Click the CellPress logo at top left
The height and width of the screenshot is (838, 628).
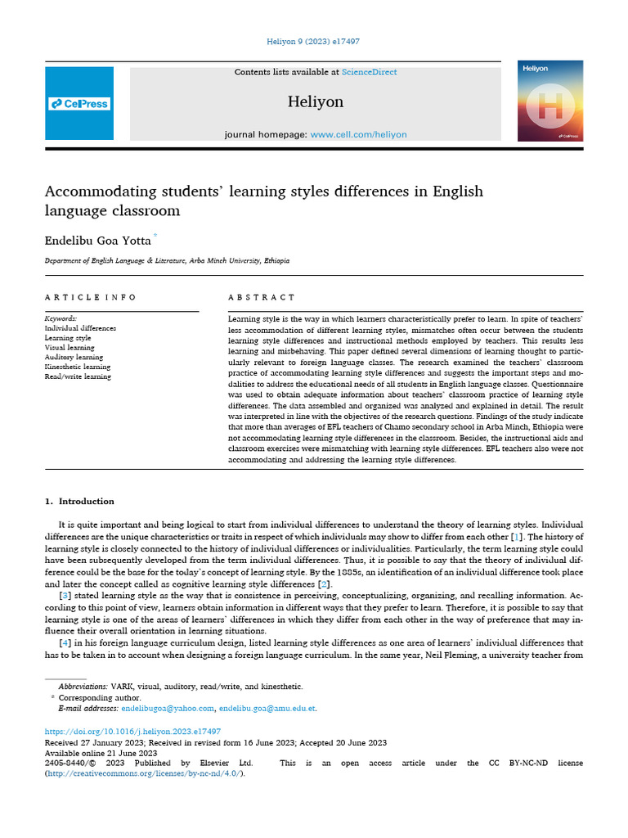79,104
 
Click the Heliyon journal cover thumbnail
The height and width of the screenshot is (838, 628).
550,101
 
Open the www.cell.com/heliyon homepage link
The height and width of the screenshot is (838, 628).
358,134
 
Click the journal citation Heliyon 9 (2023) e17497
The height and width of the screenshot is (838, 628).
314,41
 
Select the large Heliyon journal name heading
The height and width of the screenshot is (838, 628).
315,101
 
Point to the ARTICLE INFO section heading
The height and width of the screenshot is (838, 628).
91,297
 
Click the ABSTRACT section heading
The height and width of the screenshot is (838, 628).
262,297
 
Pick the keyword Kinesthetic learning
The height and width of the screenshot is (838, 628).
77,367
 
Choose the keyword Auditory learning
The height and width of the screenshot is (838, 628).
74,358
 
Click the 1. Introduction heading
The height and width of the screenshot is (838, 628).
79,502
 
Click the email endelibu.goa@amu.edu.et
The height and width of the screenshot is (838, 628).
267,709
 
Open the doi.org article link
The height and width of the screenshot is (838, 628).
132,732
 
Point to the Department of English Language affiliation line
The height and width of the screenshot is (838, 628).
167,260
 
